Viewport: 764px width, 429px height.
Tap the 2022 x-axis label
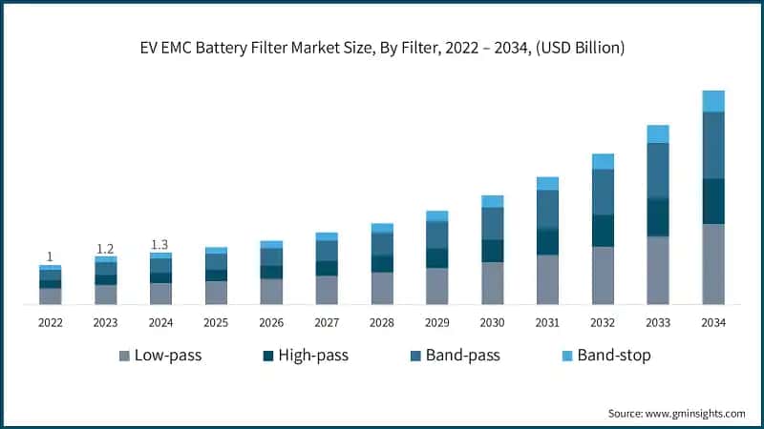(x=50, y=323)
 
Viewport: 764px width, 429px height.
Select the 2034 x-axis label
(x=713, y=323)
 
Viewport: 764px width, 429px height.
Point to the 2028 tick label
(x=381, y=323)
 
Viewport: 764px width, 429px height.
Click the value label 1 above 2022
(x=50, y=256)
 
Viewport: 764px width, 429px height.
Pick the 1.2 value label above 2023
(x=105, y=249)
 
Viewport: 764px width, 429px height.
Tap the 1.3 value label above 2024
(x=160, y=245)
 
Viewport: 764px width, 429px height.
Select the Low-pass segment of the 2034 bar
(x=713, y=264)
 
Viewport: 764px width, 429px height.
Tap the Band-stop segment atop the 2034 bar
(x=713, y=101)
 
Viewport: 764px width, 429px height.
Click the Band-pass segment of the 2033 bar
(x=658, y=171)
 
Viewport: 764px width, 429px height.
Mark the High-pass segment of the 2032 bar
(x=603, y=231)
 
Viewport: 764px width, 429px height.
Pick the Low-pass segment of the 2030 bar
(x=492, y=283)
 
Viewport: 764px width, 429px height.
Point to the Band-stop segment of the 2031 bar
(x=547, y=183)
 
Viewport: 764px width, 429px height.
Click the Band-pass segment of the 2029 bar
(x=436, y=235)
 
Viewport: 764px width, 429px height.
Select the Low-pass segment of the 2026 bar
(x=271, y=291)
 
